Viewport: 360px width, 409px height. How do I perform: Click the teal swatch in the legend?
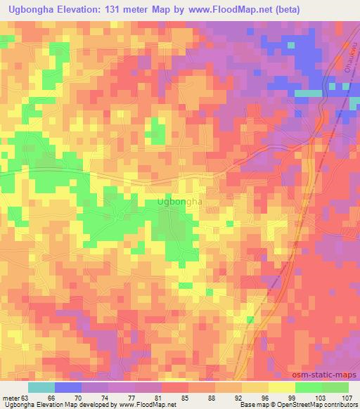pyautogui.click(x=41, y=387)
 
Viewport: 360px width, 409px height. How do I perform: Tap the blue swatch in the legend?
pyautogui.click(x=68, y=387)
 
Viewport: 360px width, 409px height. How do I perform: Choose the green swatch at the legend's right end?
pyautogui.click(x=335, y=387)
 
